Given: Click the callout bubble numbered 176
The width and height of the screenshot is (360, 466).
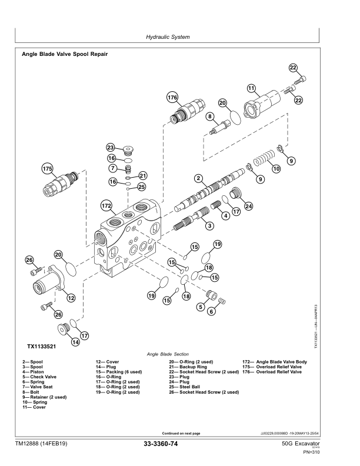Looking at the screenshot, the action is [x=172, y=98].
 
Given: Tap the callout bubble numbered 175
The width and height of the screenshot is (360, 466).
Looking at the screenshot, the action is [x=47, y=169].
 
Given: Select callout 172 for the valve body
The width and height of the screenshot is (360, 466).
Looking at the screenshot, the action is [x=106, y=206].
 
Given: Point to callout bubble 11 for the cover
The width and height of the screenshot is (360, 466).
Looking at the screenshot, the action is [x=251, y=88].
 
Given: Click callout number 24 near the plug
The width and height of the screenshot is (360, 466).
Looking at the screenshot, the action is [x=248, y=207].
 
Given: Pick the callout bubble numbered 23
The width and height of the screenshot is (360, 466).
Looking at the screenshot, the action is [x=111, y=148].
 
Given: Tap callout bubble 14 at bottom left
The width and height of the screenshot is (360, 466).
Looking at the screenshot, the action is [x=76, y=342].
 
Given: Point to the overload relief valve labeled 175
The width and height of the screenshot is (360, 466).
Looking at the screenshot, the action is [x=61, y=185].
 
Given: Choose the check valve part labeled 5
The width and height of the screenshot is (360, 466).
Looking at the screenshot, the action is [x=212, y=295].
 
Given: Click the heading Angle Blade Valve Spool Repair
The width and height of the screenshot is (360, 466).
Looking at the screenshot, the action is [x=65, y=54].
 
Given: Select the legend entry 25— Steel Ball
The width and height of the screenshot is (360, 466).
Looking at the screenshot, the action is [x=184, y=387].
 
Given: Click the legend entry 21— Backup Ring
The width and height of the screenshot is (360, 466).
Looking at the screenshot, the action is [x=188, y=367].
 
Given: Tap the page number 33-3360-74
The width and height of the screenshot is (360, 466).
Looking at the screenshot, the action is [x=161, y=444].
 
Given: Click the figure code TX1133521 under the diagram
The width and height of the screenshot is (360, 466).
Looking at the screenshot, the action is [x=42, y=346].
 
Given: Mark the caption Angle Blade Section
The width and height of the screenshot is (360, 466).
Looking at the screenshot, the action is [x=168, y=354].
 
